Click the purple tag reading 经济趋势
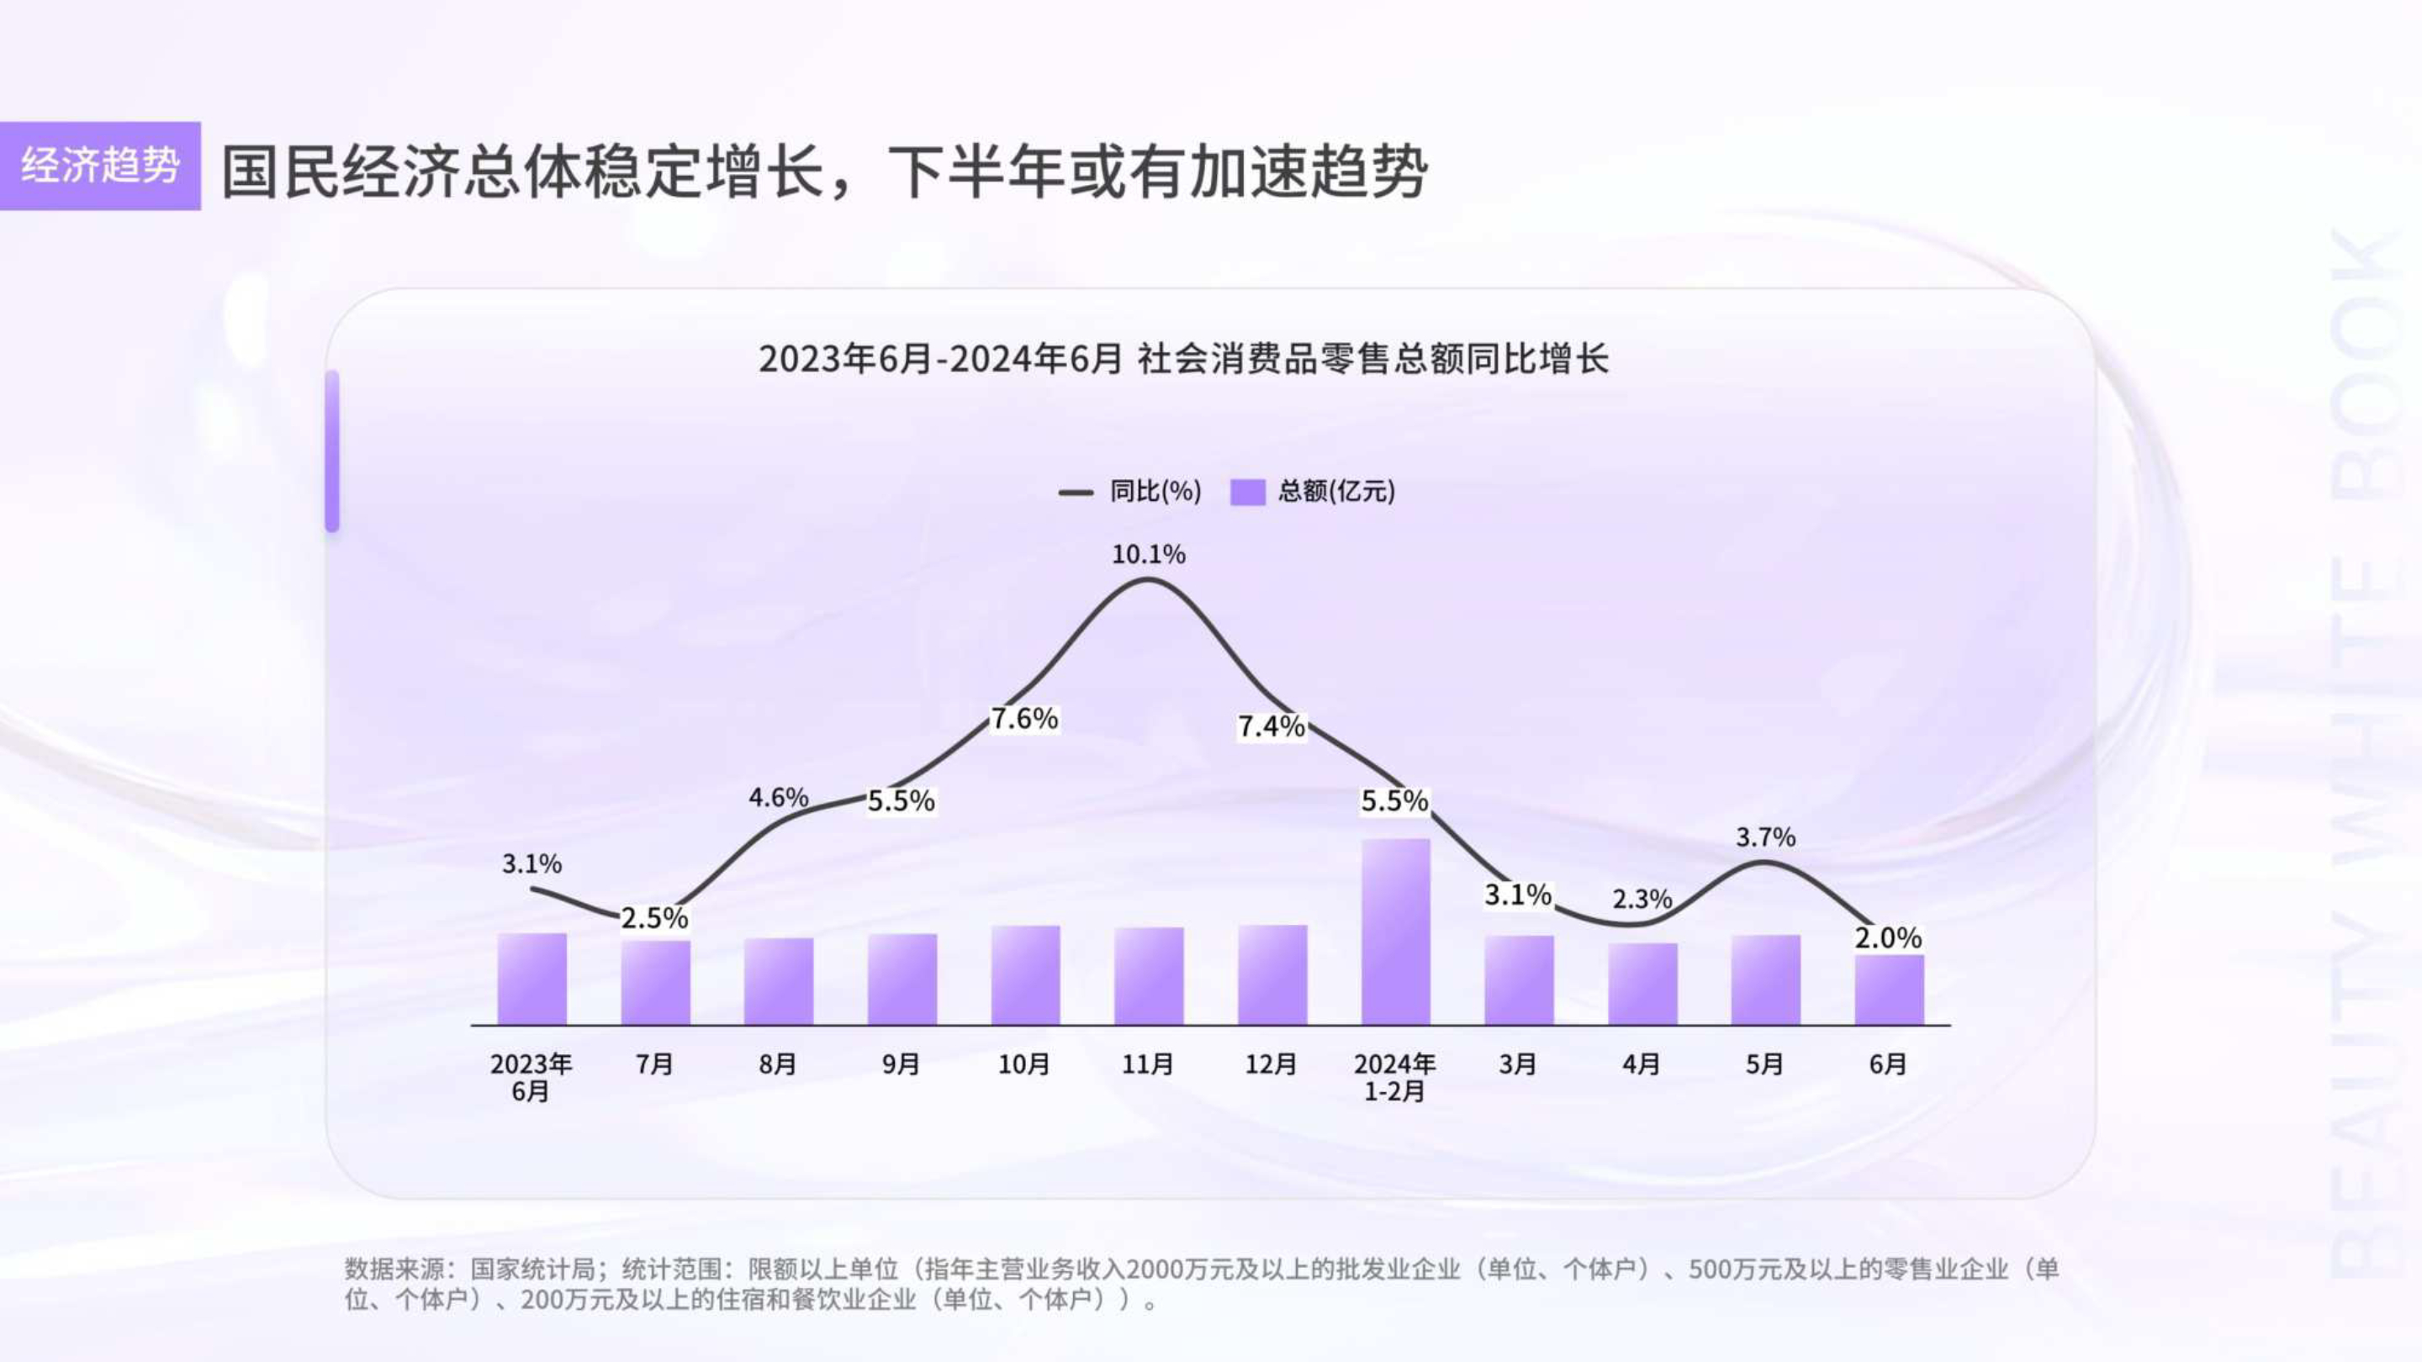tap(100, 166)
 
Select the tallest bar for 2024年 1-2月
tap(1395, 931)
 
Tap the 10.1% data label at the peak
tap(1148, 555)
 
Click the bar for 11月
tap(1149, 975)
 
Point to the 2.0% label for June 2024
tap(1888, 937)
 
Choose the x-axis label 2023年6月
tap(531, 1077)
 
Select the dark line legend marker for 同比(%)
tap(1076, 492)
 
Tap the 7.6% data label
tap(1025, 719)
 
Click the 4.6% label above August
tap(779, 798)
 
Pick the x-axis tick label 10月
tap(1024, 1064)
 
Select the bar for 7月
tap(655, 982)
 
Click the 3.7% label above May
tap(1765, 837)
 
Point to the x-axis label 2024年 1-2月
tap(1394, 1077)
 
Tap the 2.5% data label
tap(654, 917)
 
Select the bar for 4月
tap(1642, 983)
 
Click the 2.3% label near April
tap(1642, 900)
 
